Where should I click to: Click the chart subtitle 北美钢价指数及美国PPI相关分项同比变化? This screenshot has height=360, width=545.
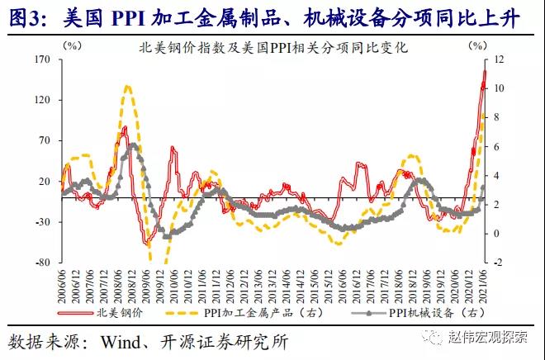click(273, 48)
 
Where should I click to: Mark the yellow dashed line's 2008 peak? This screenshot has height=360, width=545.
click(127, 86)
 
